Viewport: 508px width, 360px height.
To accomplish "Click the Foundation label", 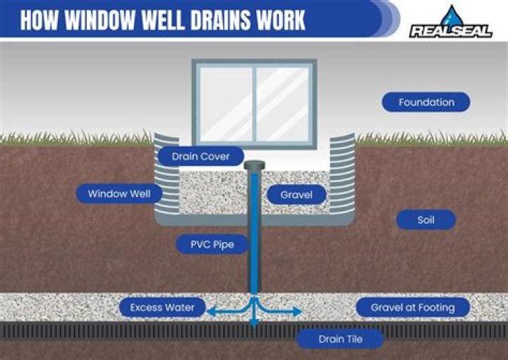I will click(426, 102).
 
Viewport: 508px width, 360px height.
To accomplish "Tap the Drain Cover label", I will click(201, 157).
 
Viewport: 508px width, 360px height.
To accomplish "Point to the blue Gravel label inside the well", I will click(296, 194).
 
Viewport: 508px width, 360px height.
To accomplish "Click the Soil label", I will click(425, 220).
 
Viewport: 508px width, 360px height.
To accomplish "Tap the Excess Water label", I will click(162, 308).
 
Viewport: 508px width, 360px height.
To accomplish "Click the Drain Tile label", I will click(340, 339).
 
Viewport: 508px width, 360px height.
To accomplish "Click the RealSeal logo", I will click(451, 31).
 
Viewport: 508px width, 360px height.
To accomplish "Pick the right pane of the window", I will click(282, 103).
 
